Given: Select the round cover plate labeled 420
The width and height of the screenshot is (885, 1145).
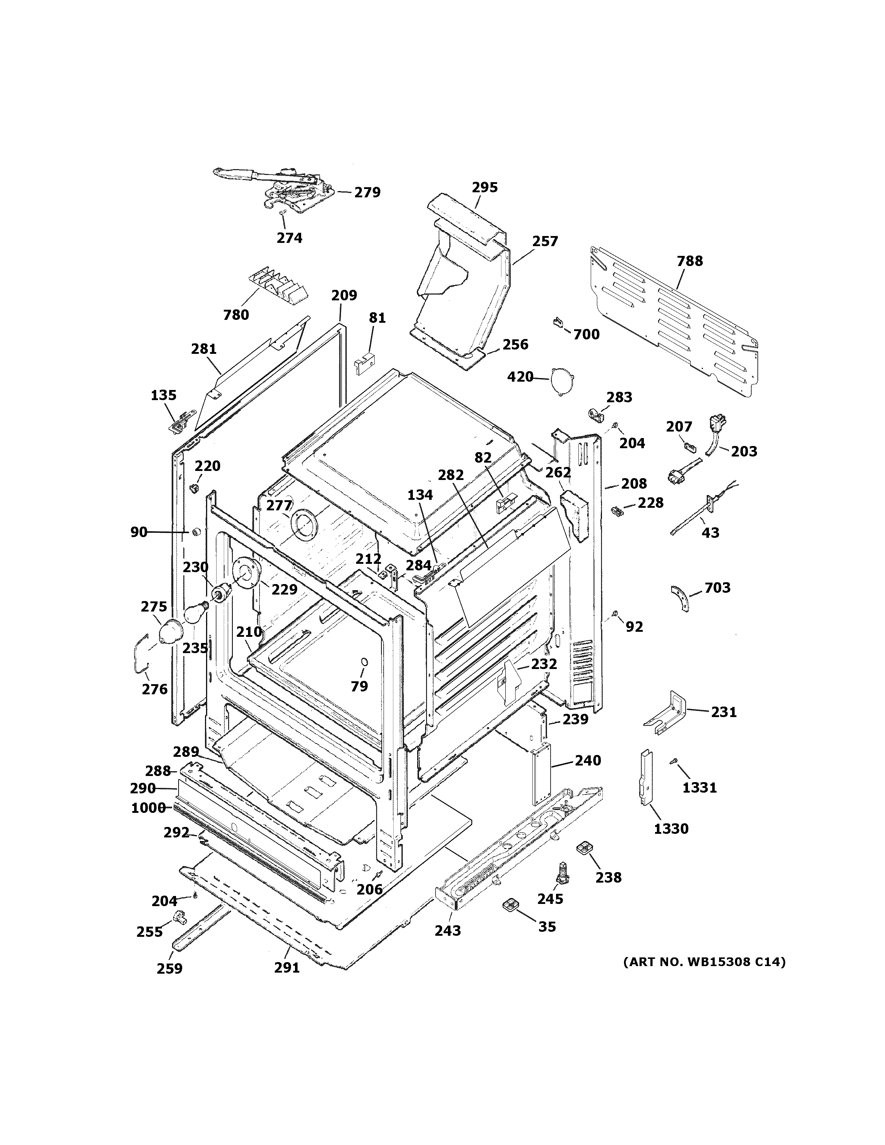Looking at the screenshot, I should click(x=561, y=378).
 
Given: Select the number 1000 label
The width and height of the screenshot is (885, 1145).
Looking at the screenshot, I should click(x=148, y=808).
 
